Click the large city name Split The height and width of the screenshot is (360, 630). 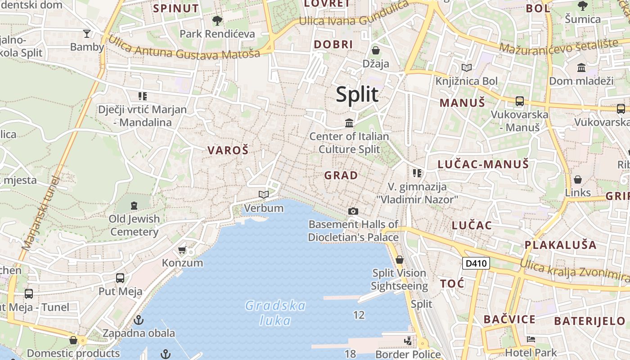(357, 95)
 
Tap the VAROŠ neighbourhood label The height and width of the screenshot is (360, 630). (228, 150)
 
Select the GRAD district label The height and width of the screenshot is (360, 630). (341, 175)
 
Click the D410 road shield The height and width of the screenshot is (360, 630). (476, 263)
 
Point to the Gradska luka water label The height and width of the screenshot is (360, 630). (275, 313)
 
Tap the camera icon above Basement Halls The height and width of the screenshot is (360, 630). (353, 211)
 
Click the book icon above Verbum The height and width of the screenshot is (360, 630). (264, 194)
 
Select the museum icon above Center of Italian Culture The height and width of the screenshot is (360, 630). (349, 123)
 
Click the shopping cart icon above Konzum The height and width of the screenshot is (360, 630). (182, 250)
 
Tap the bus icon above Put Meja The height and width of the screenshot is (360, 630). (120, 278)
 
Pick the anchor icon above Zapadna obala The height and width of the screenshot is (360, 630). (139, 320)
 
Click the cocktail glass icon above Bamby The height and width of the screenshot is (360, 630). (87, 33)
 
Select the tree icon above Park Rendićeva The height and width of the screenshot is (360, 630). (217, 20)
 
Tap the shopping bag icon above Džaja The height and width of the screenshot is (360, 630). (376, 50)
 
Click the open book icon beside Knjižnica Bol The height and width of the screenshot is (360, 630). (467, 68)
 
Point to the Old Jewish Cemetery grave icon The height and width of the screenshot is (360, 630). (134, 206)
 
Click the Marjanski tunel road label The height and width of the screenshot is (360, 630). (40, 212)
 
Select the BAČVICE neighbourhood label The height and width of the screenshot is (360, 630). (509, 319)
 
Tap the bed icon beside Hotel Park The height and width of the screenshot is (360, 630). (531, 339)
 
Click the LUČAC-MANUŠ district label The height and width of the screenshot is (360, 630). (483, 164)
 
